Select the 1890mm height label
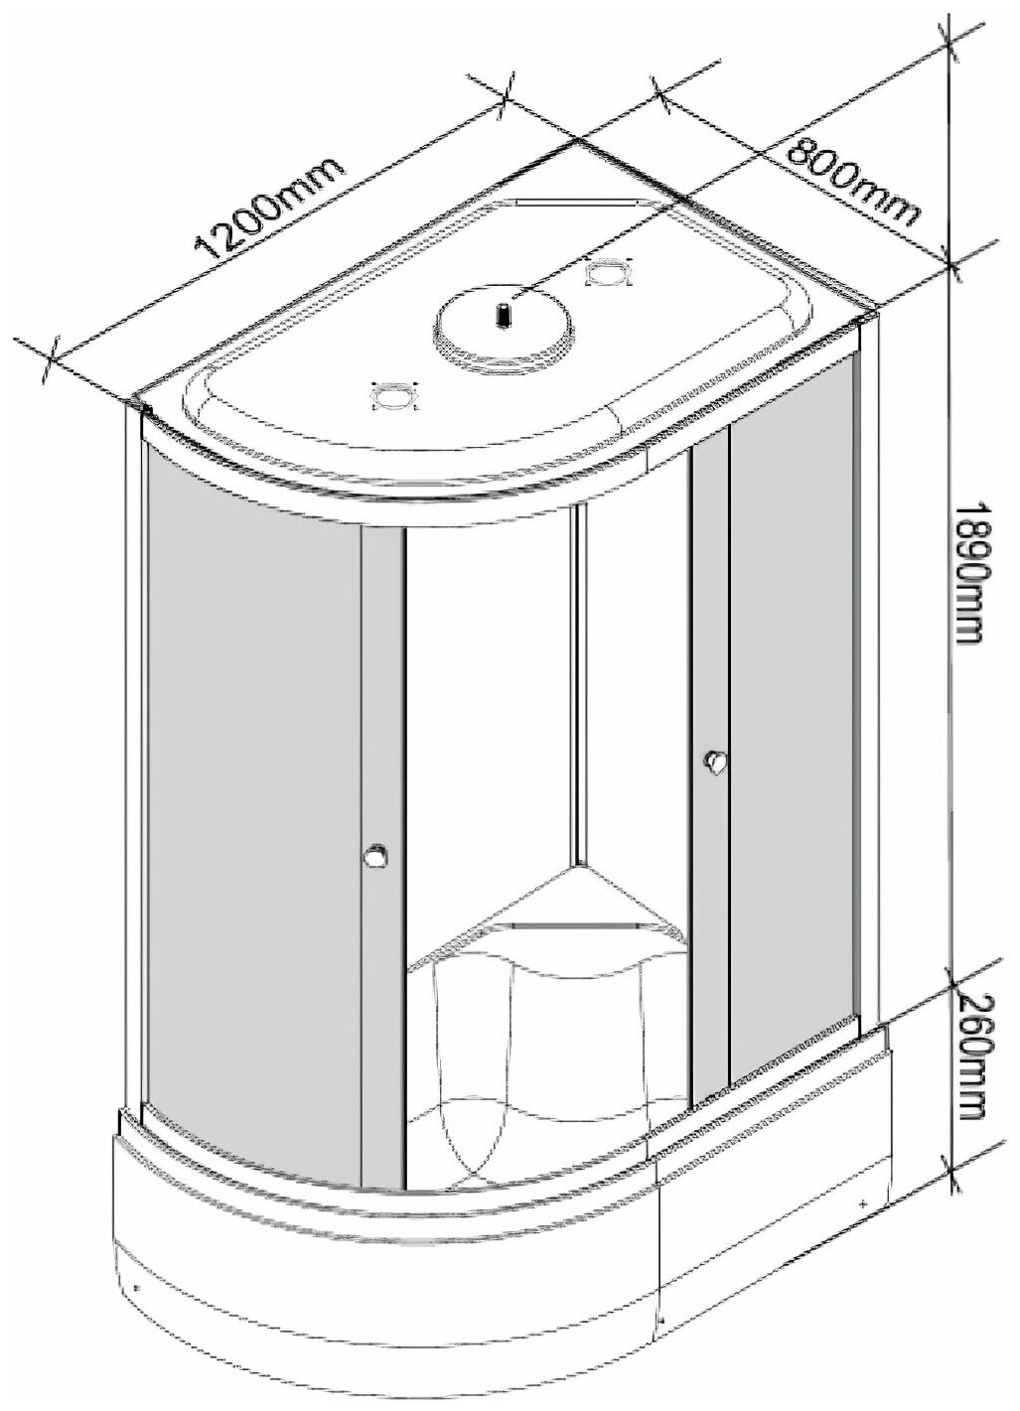pyautogui.click(x=968, y=570)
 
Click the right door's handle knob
pyautogui.click(x=713, y=762)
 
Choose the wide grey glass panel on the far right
pyautogui.click(x=795, y=695)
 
